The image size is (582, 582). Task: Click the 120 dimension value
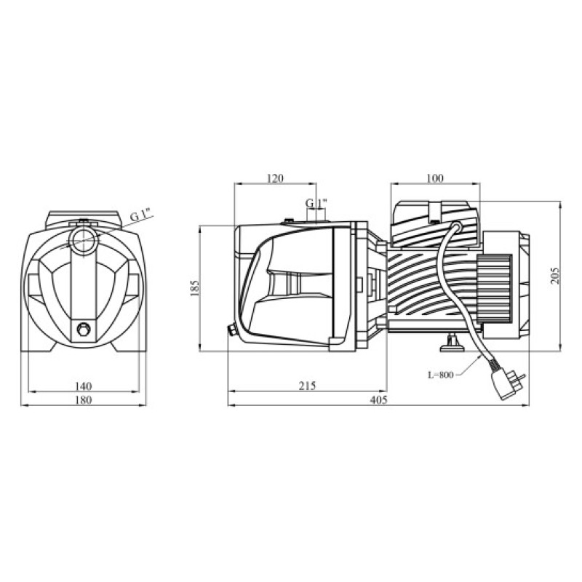click(x=275, y=178)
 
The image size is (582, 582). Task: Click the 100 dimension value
click(x=434, y=178)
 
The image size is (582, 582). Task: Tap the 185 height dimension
click(x=194, y=288)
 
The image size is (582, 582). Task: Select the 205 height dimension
click(x=554, y=276)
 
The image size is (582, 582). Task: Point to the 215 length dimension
click(x=307, y=386)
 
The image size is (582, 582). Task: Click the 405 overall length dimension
click(x=378, y=399)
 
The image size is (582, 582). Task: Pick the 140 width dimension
click(x=83, y=386)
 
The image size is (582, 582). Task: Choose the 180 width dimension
click(x=83, y=399)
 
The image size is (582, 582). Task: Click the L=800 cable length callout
click(x=441, y=375)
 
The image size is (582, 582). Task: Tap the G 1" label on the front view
click(x=140, y=215)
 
